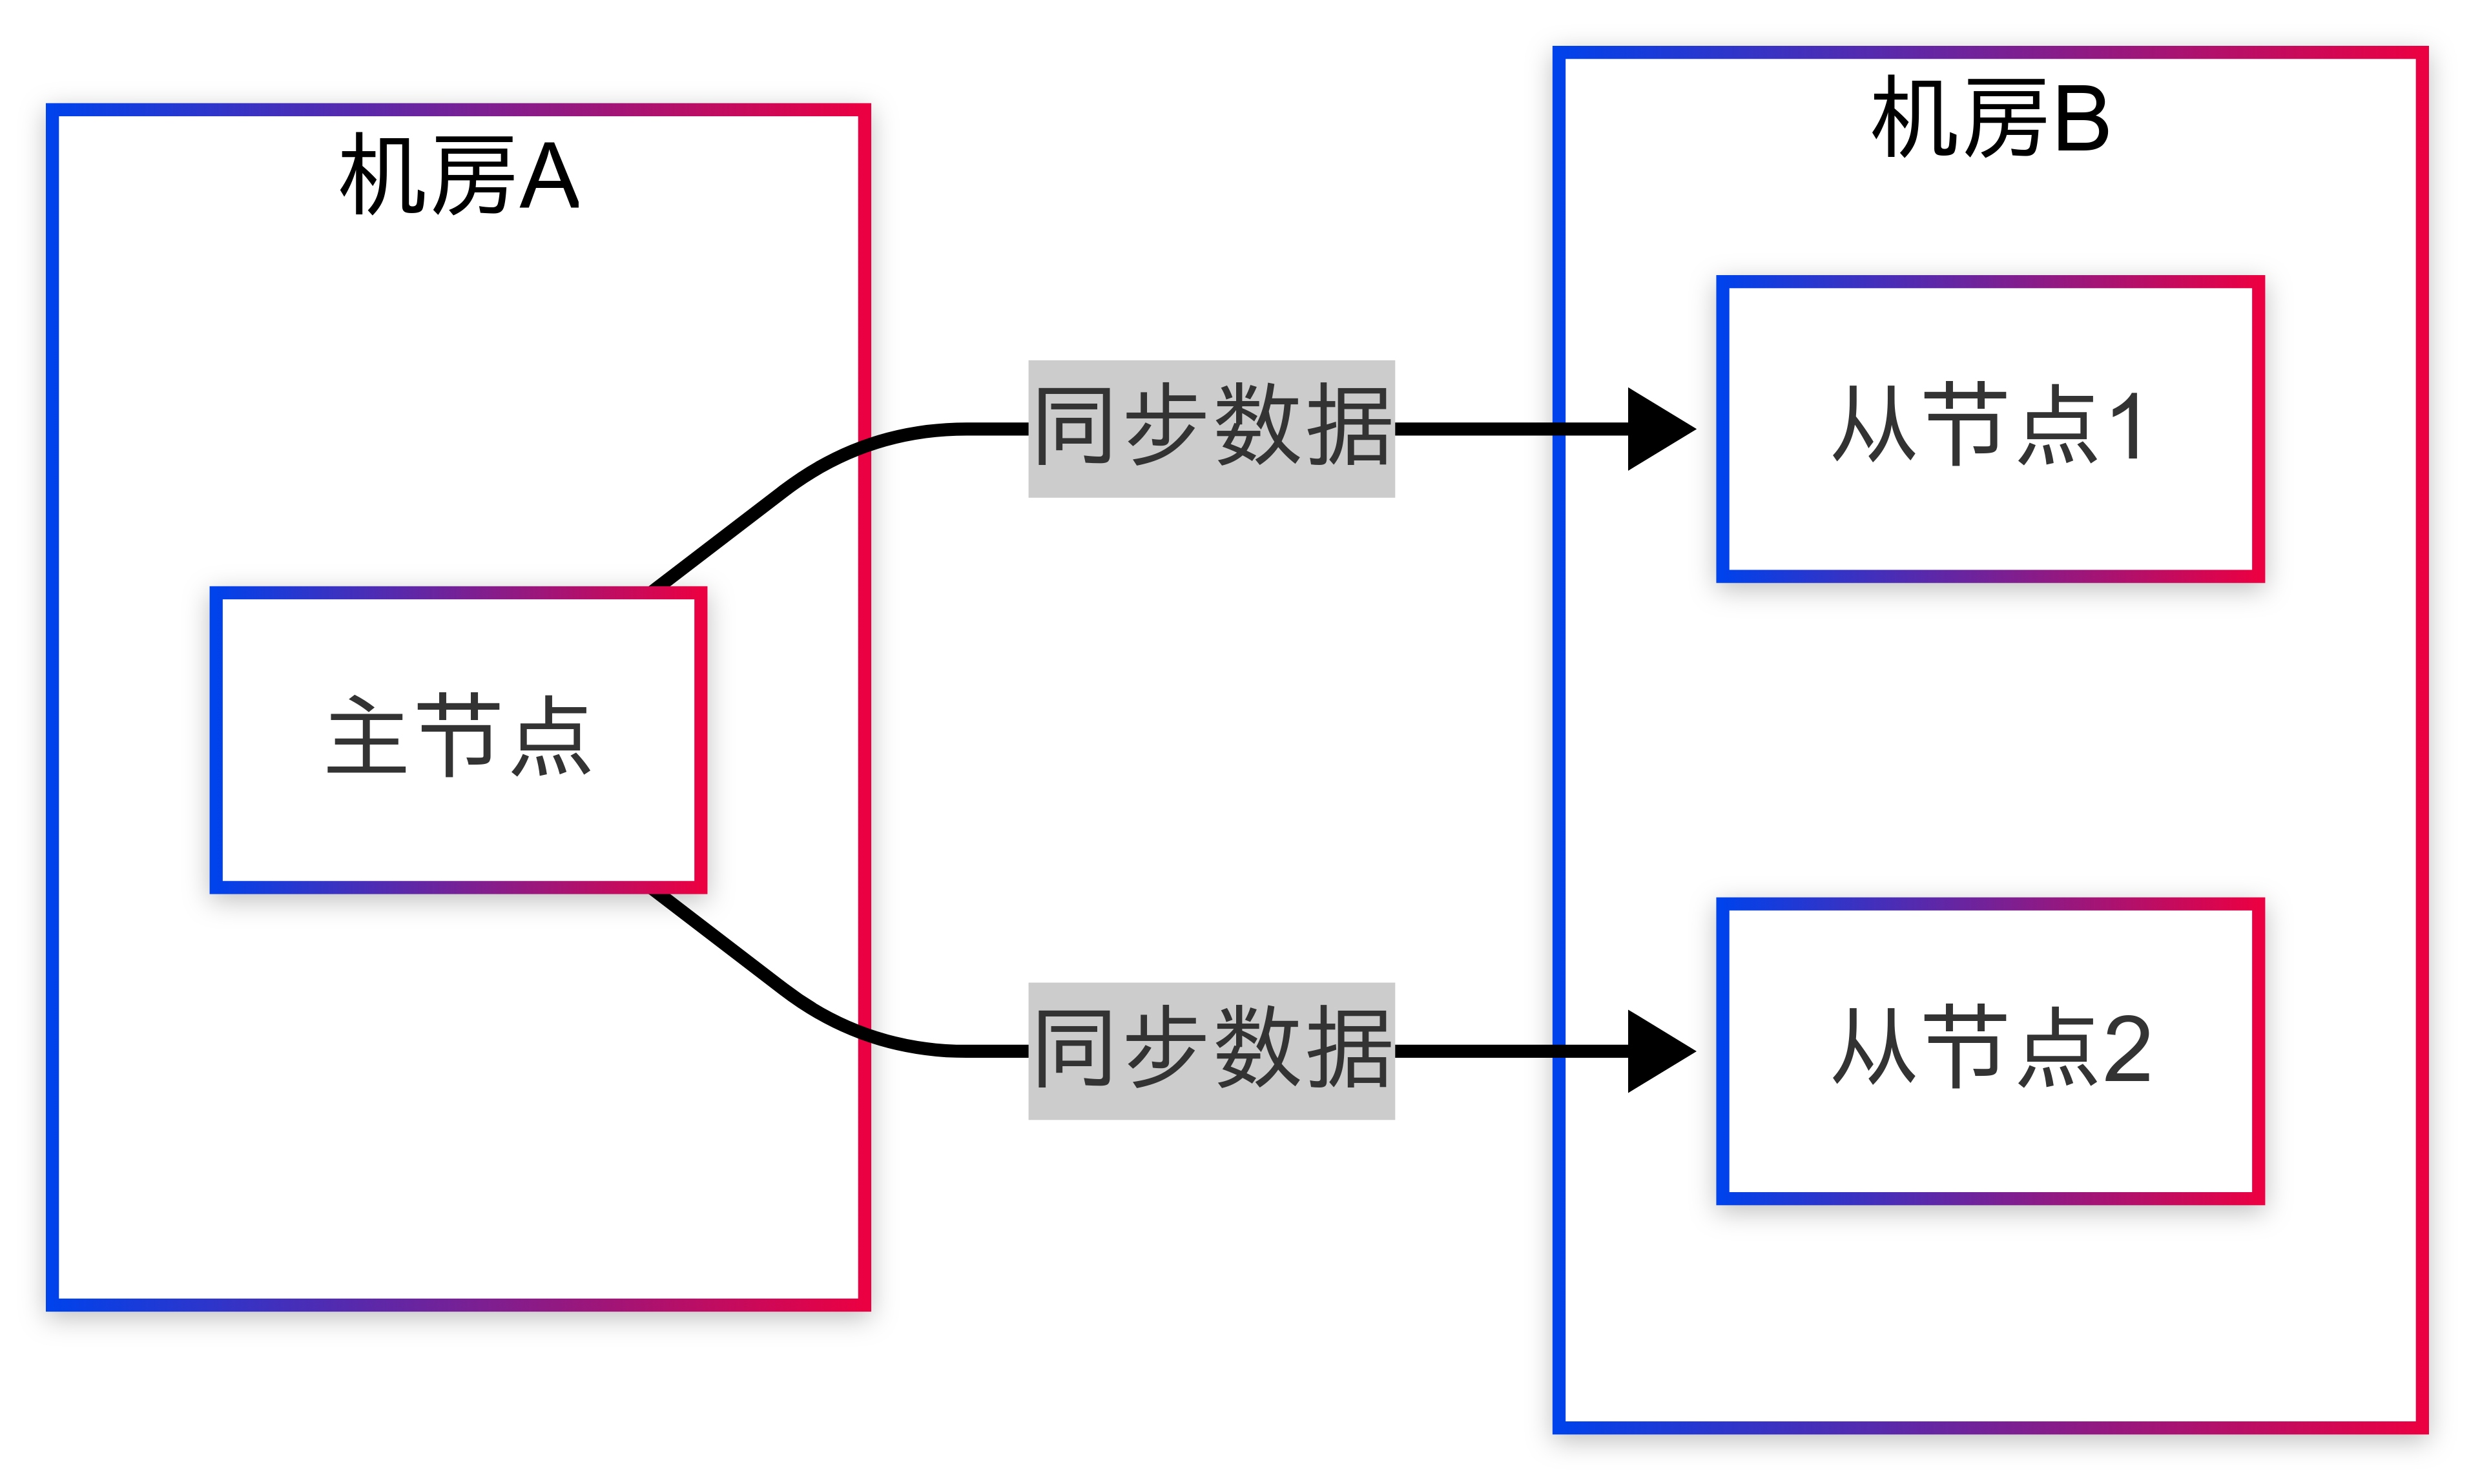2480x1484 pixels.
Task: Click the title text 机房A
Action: point(459,177)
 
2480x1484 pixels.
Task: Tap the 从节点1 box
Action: point(1990,428)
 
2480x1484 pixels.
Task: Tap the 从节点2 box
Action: point(1990,1050)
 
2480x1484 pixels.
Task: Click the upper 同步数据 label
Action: point(1211,428)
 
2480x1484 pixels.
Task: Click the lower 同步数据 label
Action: point(1211,1050)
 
